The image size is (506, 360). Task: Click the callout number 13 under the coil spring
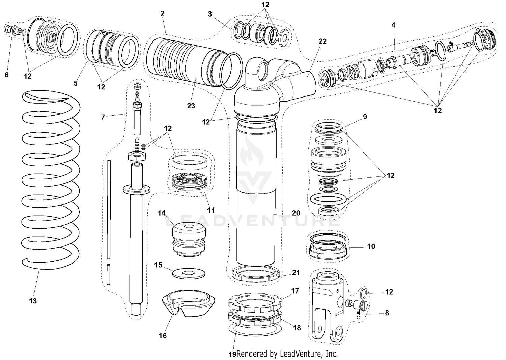[33, 301]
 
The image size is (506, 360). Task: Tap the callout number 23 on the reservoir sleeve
[191, 106]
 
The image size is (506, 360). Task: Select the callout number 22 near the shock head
[322, 41]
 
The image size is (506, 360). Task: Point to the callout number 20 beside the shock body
[296, 213]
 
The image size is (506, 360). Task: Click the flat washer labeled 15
[188, 273]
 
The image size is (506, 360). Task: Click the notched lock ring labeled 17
[256, 300]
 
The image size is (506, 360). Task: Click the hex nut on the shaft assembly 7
[137, 156]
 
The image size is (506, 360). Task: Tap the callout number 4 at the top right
[393, 25]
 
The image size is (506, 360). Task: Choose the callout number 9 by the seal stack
[365, 117]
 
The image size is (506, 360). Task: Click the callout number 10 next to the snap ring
[371, 246]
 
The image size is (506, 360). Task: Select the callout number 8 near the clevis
[387, 313]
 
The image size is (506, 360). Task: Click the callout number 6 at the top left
[7, 75]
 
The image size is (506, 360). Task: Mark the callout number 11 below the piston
[211, 211]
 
